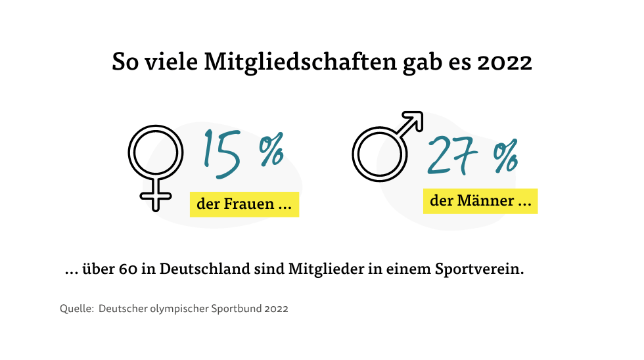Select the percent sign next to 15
point(270,152)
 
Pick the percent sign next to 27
point(505,157)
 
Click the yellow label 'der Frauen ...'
point(244,204)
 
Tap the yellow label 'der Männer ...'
point(480,201)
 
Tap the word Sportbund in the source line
point(239,308)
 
